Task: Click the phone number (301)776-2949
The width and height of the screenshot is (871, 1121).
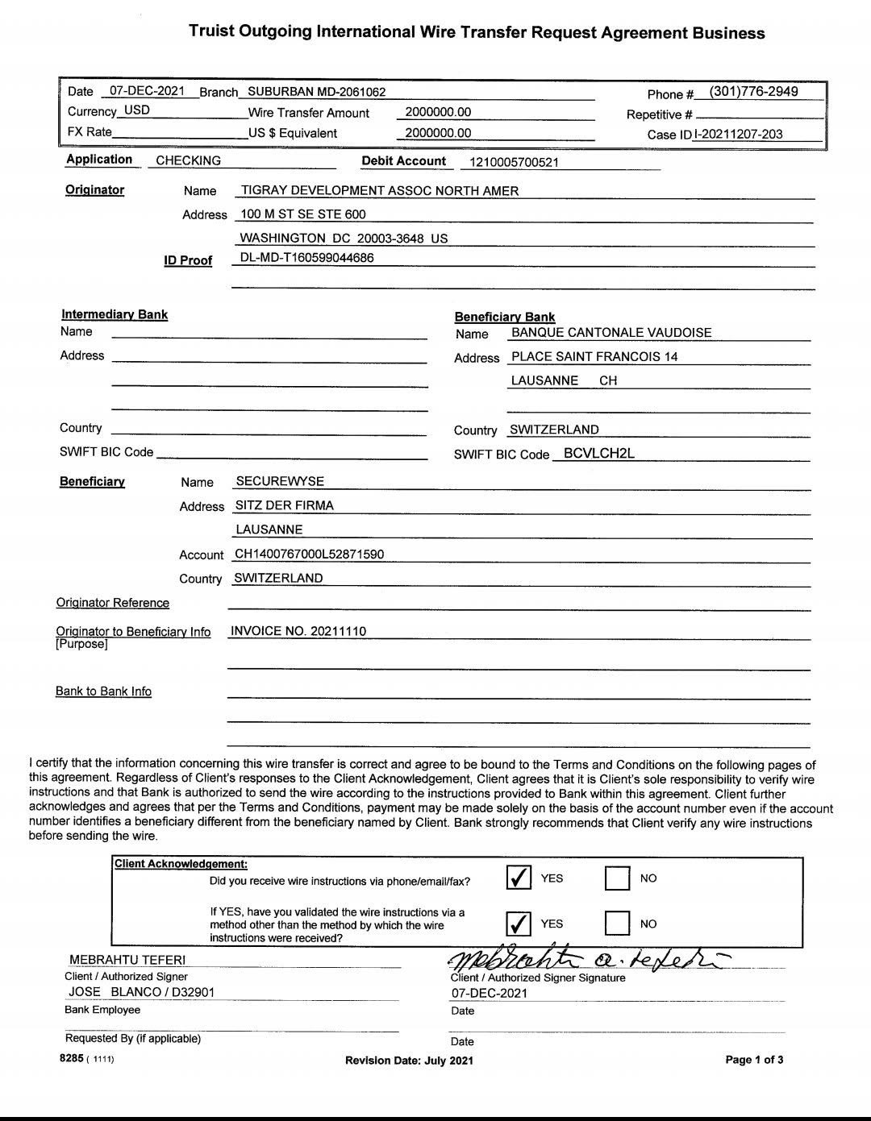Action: click(x=753, y=92)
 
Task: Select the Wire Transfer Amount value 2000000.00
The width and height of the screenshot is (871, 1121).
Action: click(x=438, y=113)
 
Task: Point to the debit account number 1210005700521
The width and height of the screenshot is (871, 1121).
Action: click(x=514, y=163)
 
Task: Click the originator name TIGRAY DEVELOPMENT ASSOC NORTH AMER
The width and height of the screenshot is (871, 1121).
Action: click(x=380, y=191)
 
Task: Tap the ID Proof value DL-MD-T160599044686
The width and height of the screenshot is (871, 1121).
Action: click(x=306, y=258)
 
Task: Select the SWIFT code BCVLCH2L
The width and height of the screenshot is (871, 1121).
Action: click(x=598, y=454)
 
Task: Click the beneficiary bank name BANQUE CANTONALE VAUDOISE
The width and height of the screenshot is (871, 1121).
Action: click(x=611, y=333)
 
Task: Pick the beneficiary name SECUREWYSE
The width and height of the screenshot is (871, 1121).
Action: click(x=280, y=482)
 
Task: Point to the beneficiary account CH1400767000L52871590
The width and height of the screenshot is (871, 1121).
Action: click(x=309, y=554)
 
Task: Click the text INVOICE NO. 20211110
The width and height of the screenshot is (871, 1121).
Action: click(x=298, y=631)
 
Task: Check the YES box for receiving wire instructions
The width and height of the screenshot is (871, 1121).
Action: click(x=519, y=878)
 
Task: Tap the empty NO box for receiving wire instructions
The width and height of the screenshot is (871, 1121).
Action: click(x=617, y=878)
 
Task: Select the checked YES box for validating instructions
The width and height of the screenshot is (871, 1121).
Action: click(x=519, y=924)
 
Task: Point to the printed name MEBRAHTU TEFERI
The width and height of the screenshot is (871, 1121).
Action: click(x=127, y=960)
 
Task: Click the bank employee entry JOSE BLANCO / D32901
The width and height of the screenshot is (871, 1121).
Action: click(x=142, y=992)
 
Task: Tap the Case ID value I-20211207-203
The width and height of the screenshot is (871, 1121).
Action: click(x=738, y=135)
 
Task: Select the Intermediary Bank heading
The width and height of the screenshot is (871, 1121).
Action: click(x=115, y=315)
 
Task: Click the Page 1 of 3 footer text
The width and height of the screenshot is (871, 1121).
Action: click(x=754, y=1060)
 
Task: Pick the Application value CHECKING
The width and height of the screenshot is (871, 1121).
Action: click(x=188, y=161)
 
